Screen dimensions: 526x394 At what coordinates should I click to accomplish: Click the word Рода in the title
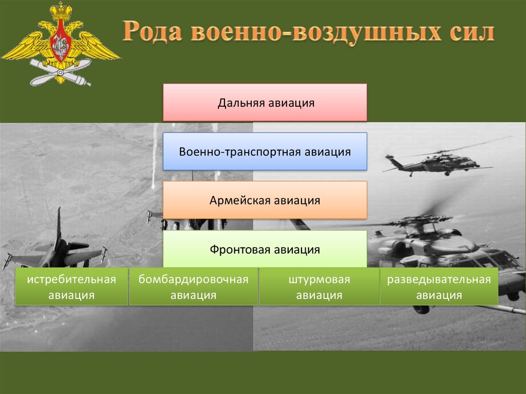pyautogui.click(x=153, y=31)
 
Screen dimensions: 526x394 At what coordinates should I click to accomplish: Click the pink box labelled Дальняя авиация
pyautogui.click(x=265, y=102)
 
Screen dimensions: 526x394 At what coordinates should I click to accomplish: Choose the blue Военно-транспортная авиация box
pyautogui.click(x=265, y=152)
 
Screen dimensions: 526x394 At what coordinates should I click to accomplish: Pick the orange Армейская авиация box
pyautogui.click(x=265, y=200)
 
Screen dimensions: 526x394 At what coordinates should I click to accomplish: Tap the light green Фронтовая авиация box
pyautogui.click(x=265, y=249)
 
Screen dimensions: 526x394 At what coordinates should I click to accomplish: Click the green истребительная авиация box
pyautogui.click(x=71, y=287)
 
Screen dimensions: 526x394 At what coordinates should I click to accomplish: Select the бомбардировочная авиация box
pyautogui.click(x=194, y=287)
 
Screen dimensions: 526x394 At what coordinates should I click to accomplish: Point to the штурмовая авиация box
pyautogui.click(x=320, y=287)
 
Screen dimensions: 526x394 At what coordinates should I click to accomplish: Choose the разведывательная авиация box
pyautogui.click(x=439, y=287)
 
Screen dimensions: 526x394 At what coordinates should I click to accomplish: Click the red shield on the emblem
pyautogui.click(x=61, y=40)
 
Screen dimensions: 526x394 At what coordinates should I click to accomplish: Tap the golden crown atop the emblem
pyautogui.click(x=61, y=11)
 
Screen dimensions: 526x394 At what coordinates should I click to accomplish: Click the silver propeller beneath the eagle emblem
pyautogui.click(x=61, y=72)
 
